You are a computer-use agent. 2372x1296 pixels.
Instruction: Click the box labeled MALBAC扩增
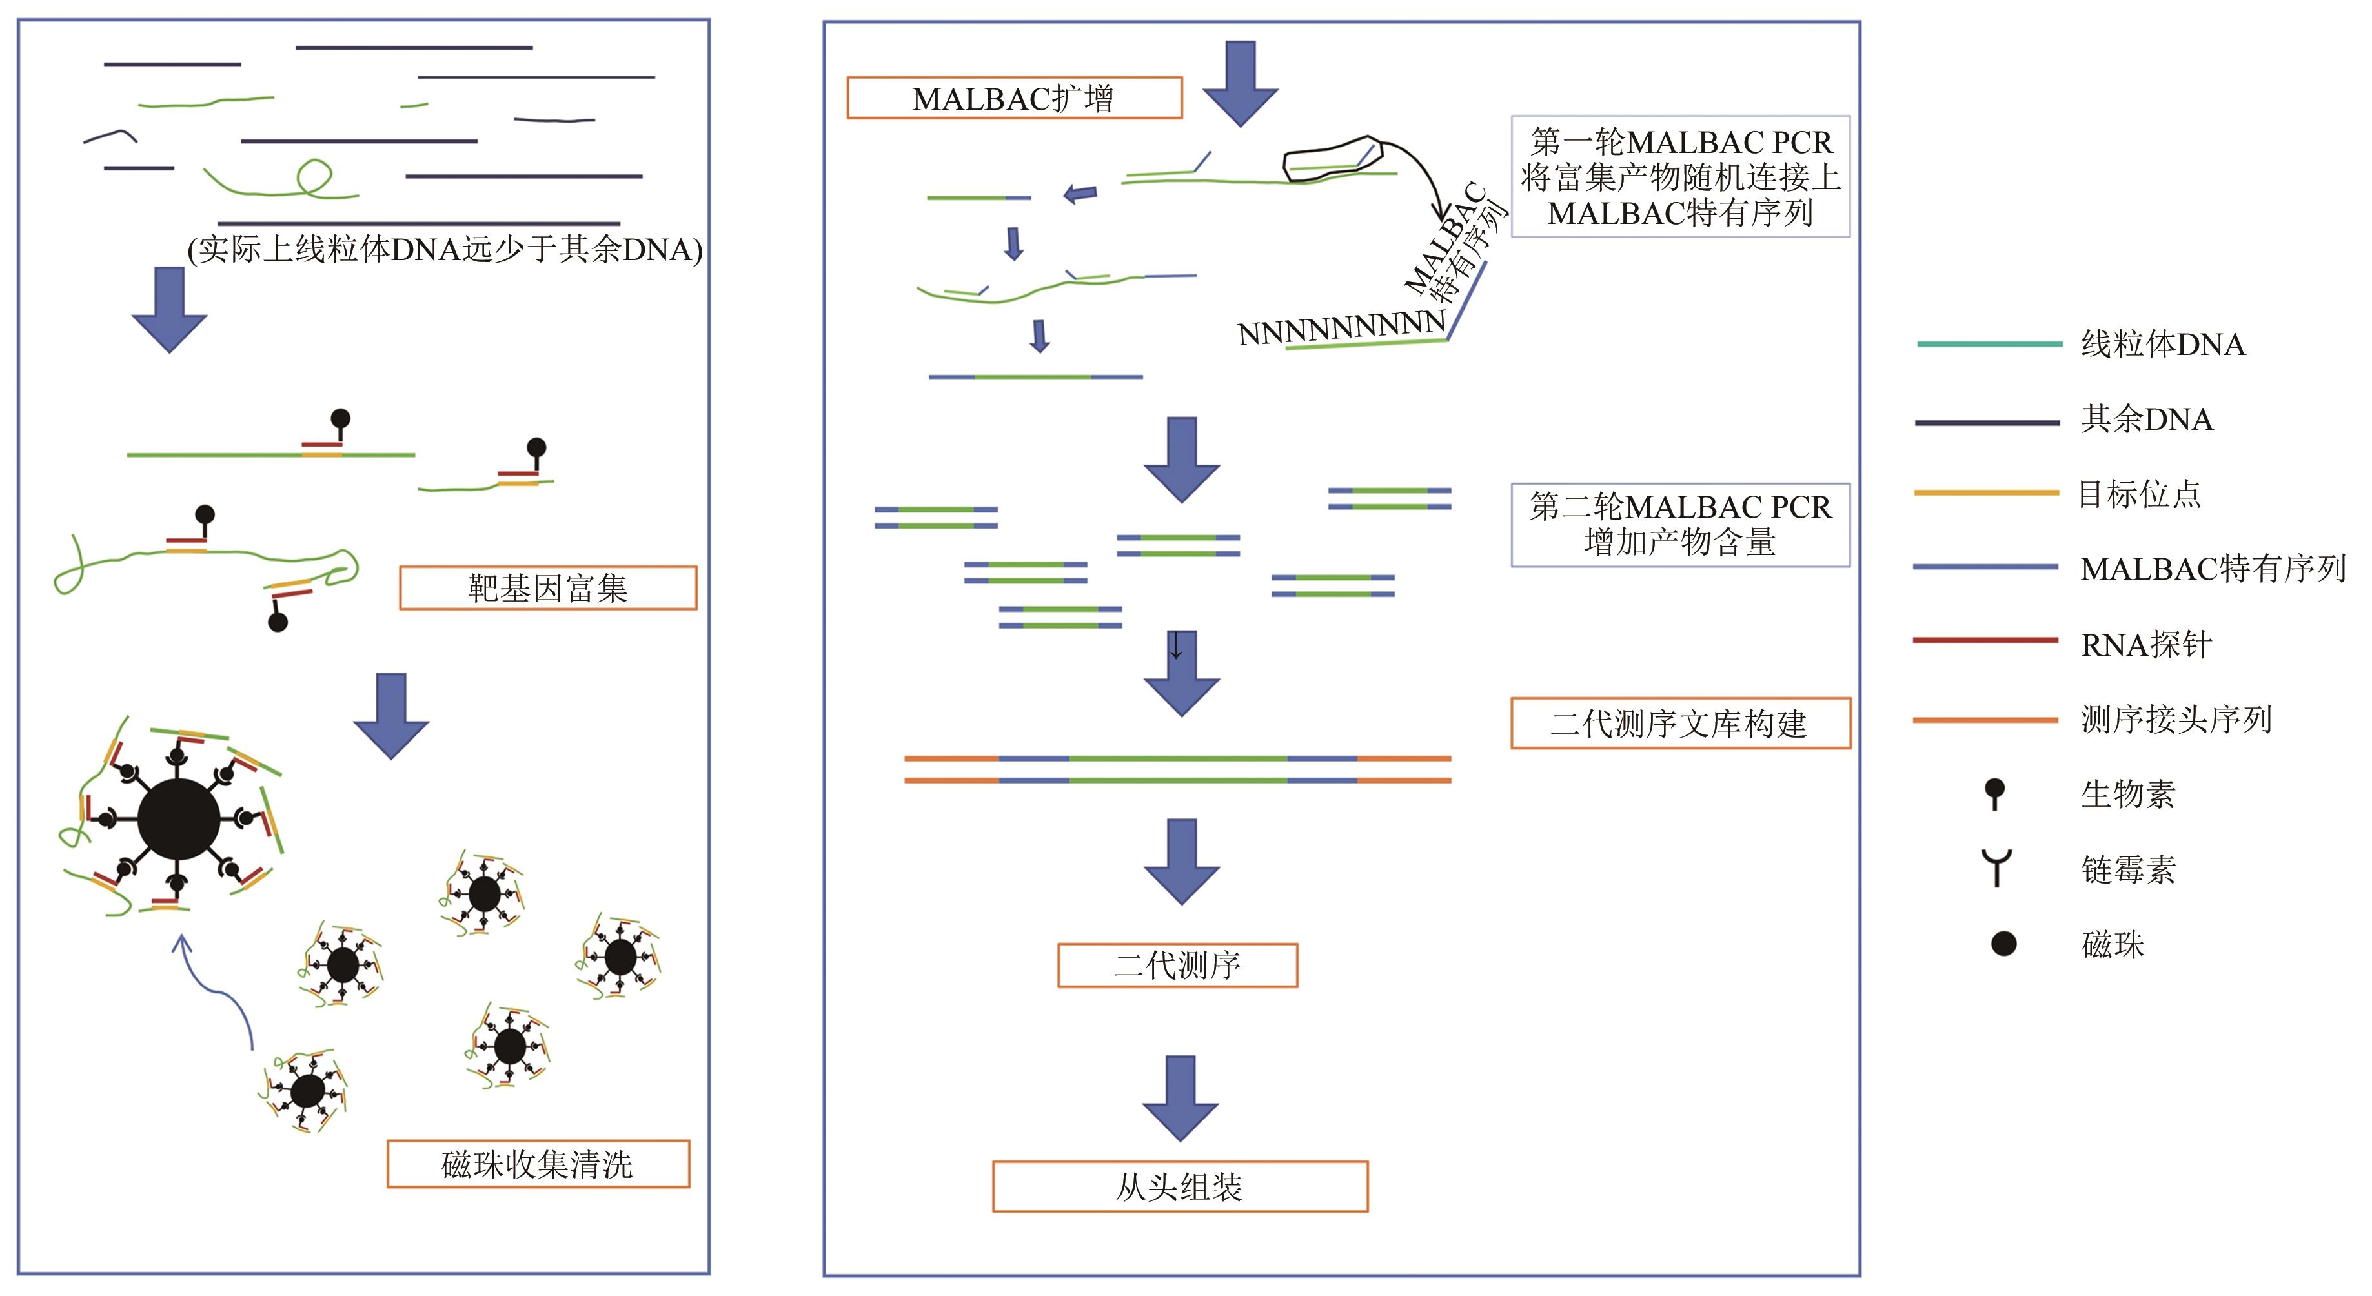[x=1014, y=97]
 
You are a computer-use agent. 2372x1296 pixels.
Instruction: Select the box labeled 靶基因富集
[x=548, y=588]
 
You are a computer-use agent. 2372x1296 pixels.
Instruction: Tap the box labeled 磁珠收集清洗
[x=538, y=1164]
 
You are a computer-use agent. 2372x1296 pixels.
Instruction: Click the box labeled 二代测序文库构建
[x=1679, y=724]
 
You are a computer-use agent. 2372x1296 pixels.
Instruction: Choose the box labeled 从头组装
[x=1180, y=1186]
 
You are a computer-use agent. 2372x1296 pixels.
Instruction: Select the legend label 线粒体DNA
[x=2162, y=344]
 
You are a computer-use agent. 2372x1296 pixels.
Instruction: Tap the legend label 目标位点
[x=2139, y=494]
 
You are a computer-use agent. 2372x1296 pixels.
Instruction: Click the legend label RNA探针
[x=2145, y=644]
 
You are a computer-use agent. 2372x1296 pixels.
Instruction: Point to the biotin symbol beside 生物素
[x=1994, y=793]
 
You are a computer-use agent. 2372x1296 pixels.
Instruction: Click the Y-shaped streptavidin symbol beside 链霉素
[x=1996, y=867]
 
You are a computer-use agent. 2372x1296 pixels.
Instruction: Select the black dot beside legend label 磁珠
[x=2003, y=944]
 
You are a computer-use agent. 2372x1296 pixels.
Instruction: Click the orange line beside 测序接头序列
[x=1985, y=720]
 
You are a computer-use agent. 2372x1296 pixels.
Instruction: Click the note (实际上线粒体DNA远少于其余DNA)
[x=445, y=249]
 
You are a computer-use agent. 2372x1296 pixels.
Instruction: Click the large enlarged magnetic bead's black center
[x=179, y=818]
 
